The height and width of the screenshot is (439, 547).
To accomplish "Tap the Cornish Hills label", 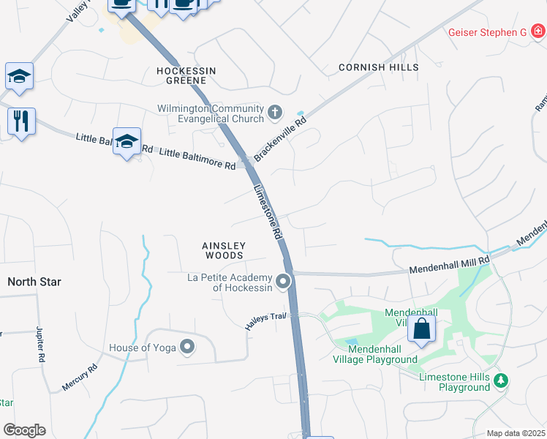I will point(379,67).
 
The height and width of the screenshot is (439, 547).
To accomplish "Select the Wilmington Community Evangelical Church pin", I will point(275,113).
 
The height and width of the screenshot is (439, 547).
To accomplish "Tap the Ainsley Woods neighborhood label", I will point(223,251).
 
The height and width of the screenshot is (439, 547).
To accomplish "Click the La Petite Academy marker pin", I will point(284,281).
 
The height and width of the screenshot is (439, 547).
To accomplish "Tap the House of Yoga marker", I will point(188,348).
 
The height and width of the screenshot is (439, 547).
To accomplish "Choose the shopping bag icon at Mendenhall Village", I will point(422,329).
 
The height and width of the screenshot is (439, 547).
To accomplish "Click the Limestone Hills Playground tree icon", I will point(501,380).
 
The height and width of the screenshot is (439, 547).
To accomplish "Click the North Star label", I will point(34,282).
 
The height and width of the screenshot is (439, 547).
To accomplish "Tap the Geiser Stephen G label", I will point(487,32).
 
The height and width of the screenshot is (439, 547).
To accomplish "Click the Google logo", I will point(24,430).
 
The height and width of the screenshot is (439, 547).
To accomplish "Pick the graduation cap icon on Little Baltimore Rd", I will point(127,141).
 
